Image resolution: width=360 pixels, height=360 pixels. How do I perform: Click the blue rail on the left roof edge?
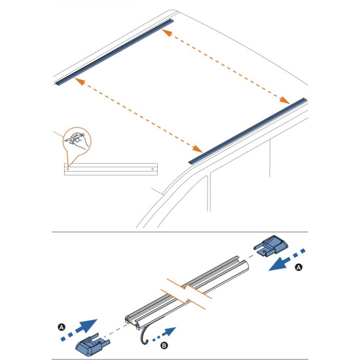(114, 53)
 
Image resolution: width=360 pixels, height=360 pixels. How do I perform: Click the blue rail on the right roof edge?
(248, 131)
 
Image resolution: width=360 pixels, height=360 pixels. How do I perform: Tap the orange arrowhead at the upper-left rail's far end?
(167, 33)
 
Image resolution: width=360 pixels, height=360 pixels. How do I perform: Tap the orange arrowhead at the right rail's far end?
(285, 100)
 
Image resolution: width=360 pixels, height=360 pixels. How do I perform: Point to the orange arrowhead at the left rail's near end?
(80, 81)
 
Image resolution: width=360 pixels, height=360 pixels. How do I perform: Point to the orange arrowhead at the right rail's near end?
(198, 149)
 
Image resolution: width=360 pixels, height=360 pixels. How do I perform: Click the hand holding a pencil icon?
(77, 141)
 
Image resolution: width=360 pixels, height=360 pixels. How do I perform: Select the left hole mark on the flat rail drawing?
(67, 170)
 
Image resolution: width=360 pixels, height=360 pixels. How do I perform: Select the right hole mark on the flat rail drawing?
(153, 170)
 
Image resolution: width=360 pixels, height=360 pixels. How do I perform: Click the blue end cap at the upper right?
(271, 245)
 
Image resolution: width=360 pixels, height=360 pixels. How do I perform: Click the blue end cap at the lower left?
(92, 344)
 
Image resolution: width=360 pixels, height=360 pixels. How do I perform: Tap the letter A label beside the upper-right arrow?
(298, 268)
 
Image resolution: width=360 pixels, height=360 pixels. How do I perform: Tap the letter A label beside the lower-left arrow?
(62, 327)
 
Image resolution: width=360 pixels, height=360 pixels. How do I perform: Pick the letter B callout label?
(164, 346)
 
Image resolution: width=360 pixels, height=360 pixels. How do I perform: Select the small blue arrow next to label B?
(164, 334)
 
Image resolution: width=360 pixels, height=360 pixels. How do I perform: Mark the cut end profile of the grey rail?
(133, 322)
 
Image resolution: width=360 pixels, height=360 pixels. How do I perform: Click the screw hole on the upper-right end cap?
(264, 252)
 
